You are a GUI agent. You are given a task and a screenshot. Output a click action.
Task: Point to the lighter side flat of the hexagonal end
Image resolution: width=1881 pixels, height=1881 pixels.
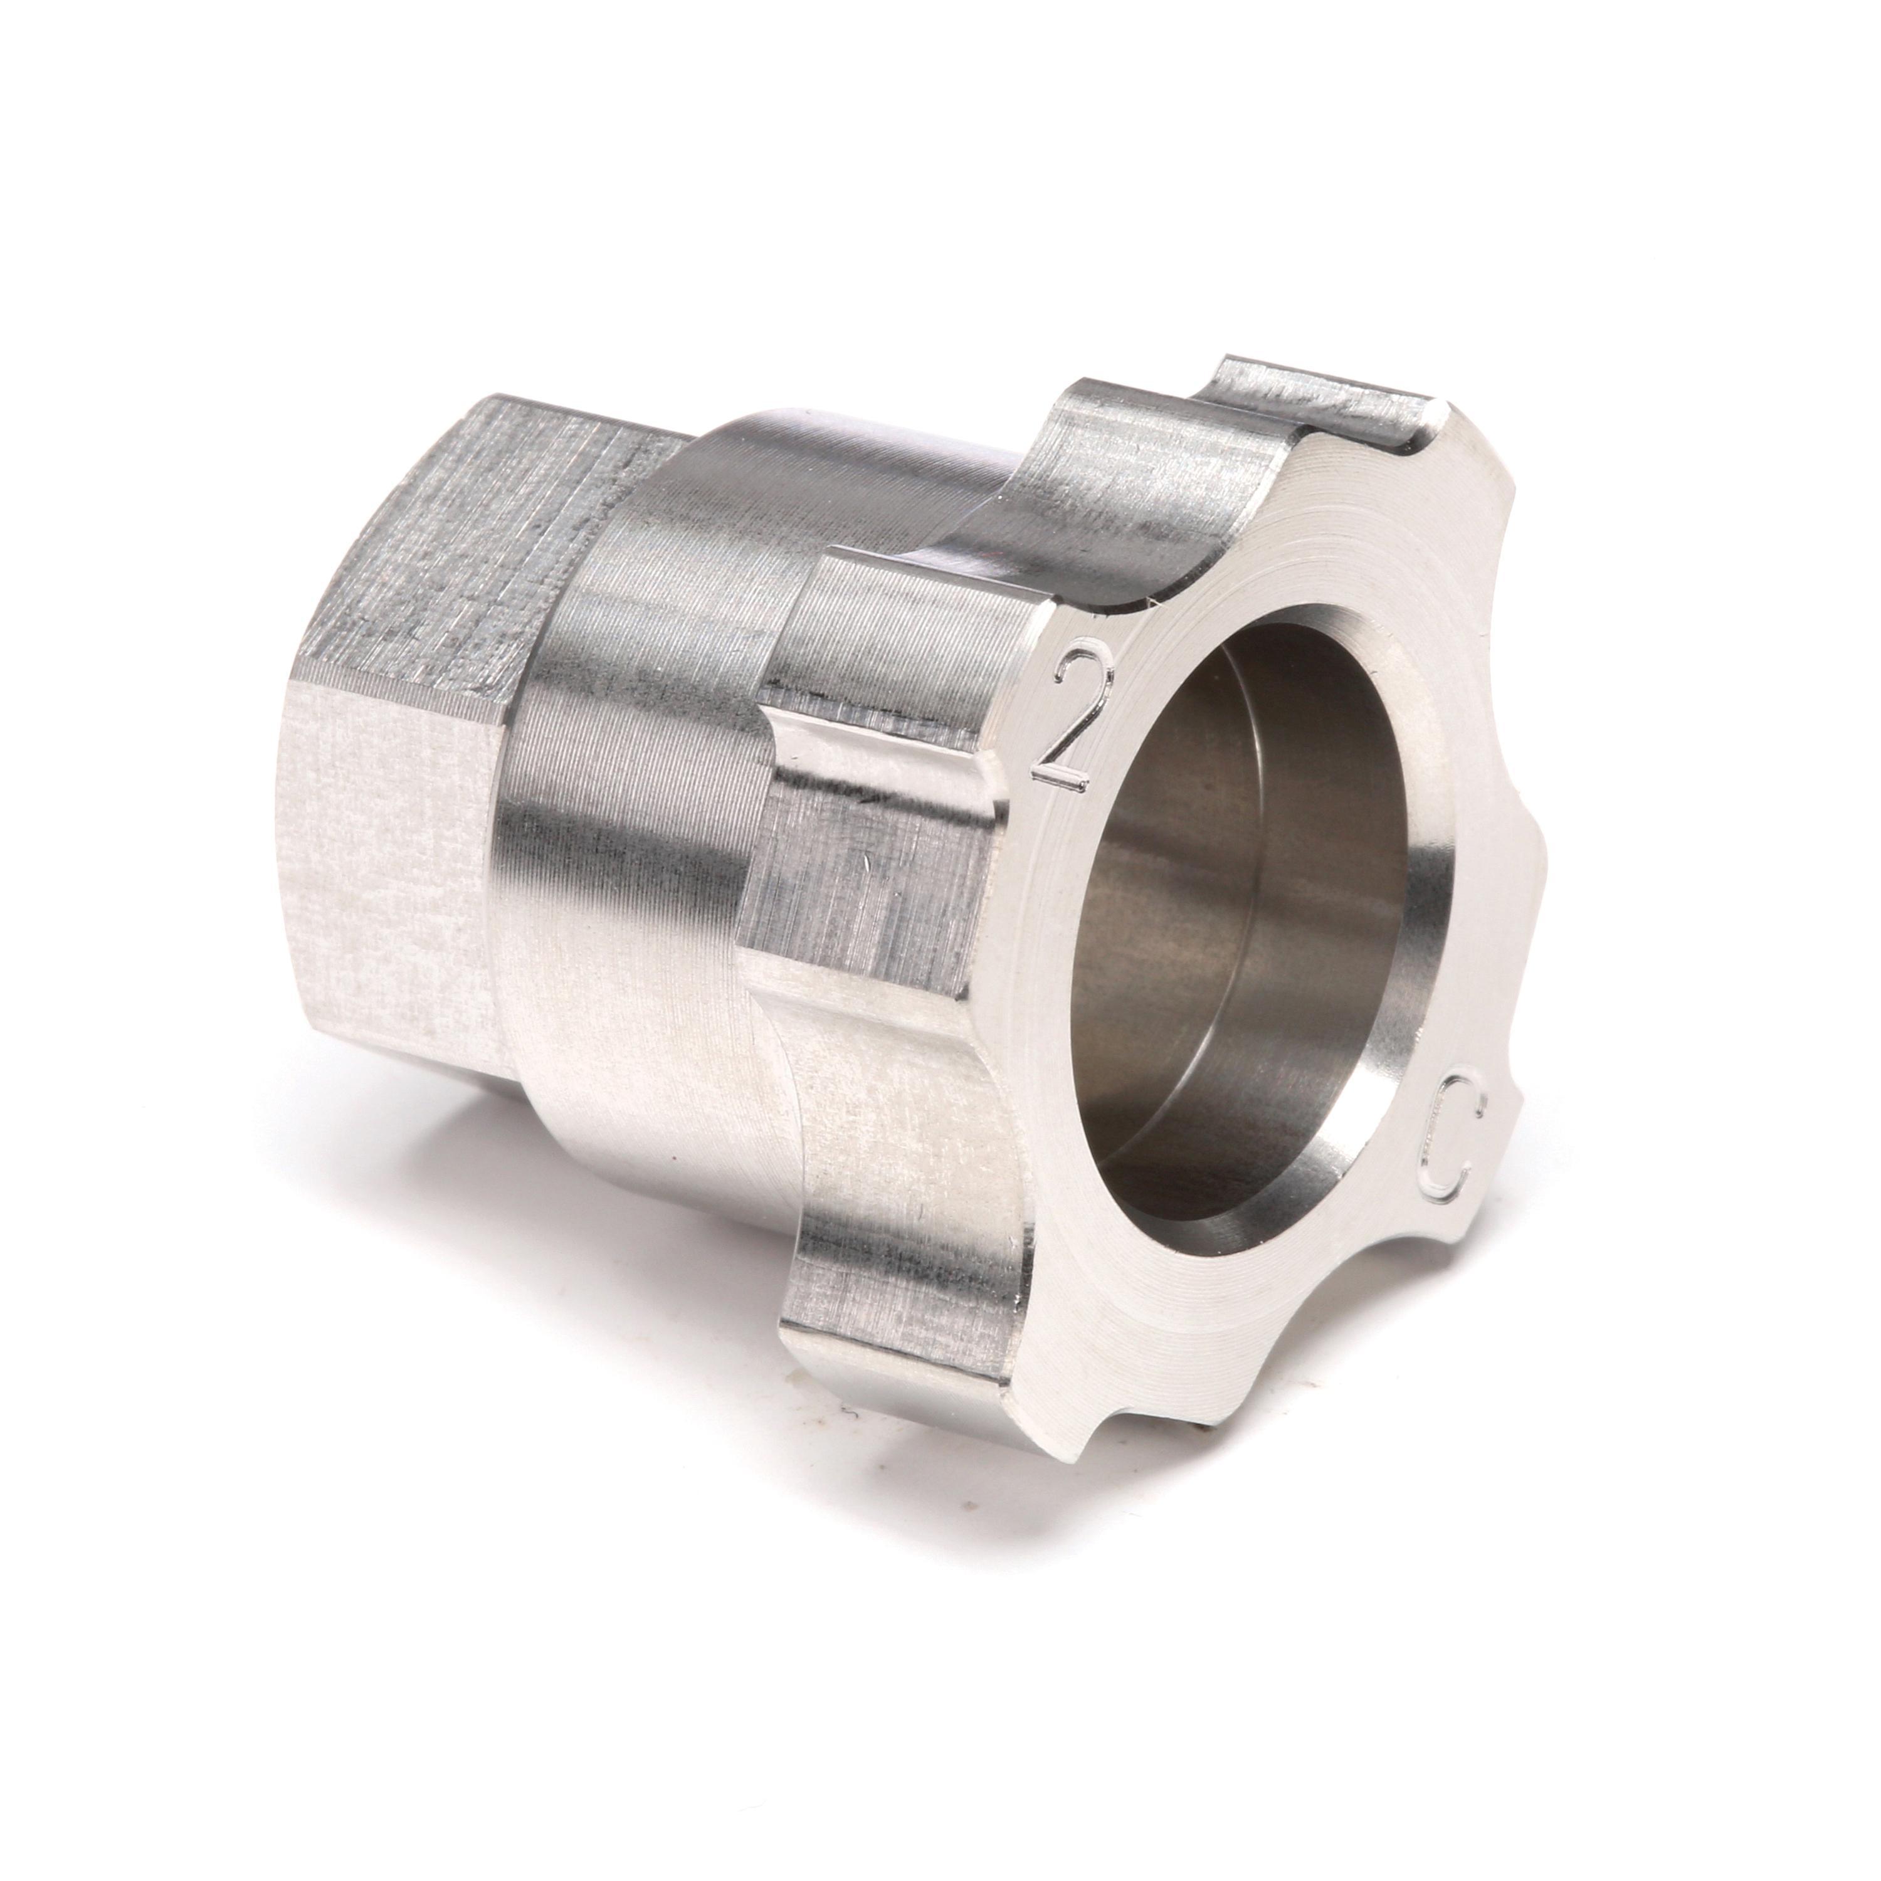399,877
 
